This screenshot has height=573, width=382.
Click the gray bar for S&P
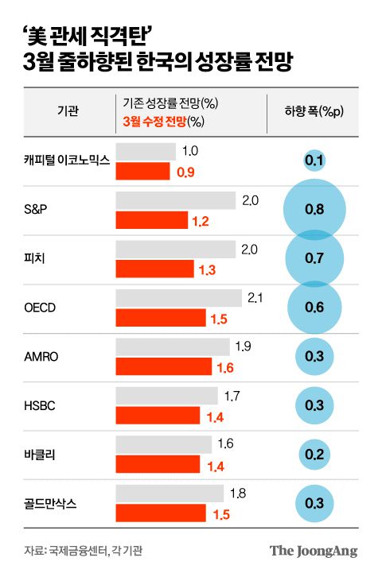(x=176, y=200)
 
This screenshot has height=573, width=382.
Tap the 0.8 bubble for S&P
(x=314, y=211)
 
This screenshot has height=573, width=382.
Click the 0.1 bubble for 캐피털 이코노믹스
(x=314, y=162)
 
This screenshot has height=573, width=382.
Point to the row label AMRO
(x=41, y=356)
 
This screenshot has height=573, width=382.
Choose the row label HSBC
(x=41, y=405)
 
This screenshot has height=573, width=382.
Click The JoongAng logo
(x=313, y=550)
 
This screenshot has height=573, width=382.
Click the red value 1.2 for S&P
(x=200, y=221)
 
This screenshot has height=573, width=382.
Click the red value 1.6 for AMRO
(x=225, y=367)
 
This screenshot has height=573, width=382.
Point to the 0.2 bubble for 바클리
(x=314, y=454)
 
